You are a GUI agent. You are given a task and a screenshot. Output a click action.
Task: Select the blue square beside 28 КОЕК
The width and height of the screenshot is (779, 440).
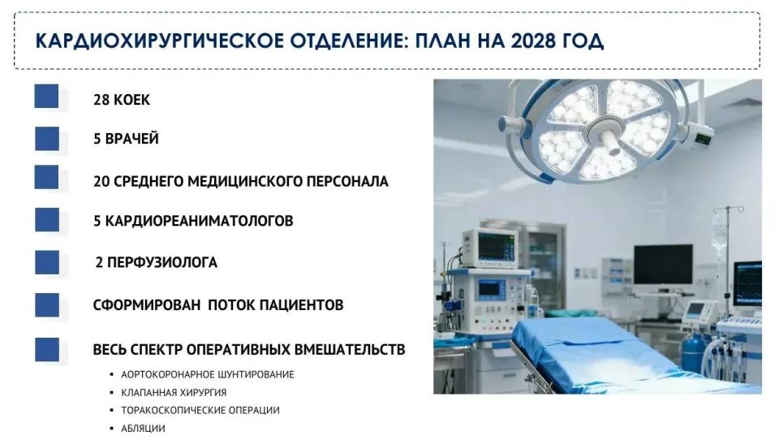tap(47, 97)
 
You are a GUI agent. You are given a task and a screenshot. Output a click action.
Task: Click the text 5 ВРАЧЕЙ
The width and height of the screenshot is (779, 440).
tap(126, 139)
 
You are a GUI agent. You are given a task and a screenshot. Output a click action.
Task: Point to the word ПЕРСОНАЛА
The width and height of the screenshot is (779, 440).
tap(348, 181)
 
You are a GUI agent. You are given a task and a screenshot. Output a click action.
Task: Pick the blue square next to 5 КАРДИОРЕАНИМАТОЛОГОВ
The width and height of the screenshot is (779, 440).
tap(47, 220)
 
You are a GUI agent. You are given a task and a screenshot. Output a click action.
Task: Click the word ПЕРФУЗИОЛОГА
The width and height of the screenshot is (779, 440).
tap(166, 263)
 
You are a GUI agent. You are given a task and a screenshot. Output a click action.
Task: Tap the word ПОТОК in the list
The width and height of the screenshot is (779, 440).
tap(231, 305)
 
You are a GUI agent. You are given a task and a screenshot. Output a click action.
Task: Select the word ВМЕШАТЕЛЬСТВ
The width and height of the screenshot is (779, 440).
tap(344, 350)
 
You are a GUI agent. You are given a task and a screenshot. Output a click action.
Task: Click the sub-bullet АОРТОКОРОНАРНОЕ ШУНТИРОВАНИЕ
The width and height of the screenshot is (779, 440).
tap(207, 374)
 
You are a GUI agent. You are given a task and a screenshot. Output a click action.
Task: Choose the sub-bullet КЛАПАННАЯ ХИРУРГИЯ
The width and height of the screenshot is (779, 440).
tap(174, 392)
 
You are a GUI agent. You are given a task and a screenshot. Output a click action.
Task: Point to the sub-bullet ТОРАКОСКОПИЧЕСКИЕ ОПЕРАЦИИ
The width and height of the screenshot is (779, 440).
tap(200, 410)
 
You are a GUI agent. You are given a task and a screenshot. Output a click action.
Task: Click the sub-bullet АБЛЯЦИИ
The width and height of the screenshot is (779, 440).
tap(143, 428)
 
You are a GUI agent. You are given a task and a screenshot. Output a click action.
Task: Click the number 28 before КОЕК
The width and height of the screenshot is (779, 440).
tap(101, 100)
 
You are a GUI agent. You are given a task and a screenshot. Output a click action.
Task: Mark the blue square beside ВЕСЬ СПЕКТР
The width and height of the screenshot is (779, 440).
tap(47, 349)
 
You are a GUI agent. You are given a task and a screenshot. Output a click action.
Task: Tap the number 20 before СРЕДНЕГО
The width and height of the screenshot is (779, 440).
tap(101, 181)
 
